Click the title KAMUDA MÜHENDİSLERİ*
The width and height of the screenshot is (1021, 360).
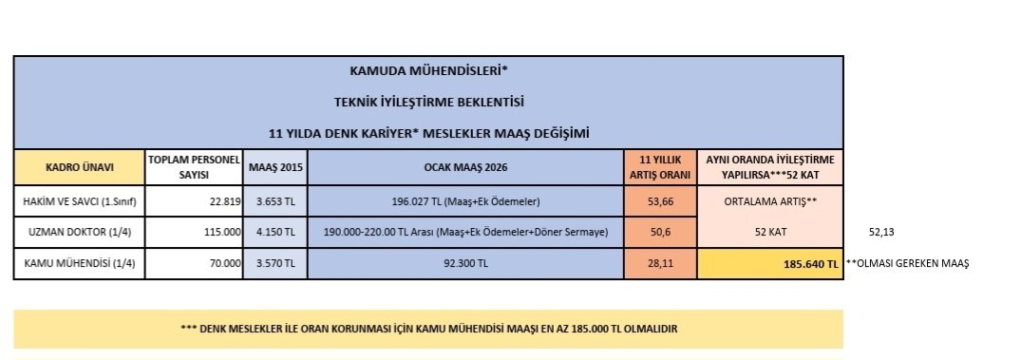coord(428,70)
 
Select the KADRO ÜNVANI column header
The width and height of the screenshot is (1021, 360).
coord(80,167)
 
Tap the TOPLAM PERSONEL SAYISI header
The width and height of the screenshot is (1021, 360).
coord(194,167)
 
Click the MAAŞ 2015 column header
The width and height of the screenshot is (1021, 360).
coord(275,167)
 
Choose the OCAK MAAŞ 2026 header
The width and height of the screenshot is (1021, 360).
coord(465,167)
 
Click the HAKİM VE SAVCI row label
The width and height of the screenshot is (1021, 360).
coord(80,201)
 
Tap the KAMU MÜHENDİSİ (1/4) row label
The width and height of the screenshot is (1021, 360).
coord(80,264)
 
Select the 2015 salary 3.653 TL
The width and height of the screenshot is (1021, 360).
coord(275,201)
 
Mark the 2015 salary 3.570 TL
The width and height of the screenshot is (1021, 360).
coord(275,264)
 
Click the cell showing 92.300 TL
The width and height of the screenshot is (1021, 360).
coord(465,264)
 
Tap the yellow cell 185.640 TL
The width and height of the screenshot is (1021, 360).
coord(806,265)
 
